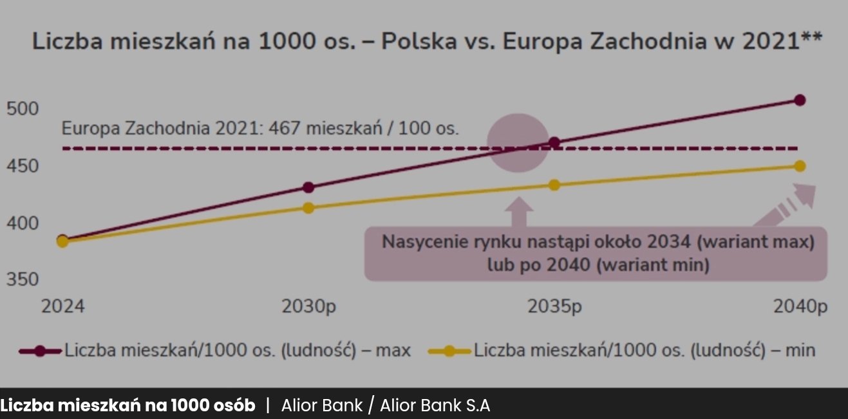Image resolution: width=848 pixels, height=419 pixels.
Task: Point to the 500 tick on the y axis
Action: (x=23, y=109)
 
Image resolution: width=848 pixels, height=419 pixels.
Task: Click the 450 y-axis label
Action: (x=23, y=167)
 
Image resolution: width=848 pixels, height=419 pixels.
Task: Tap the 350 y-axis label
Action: (x=23, y=279)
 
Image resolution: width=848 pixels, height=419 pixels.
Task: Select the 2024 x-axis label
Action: (x=62, y=307)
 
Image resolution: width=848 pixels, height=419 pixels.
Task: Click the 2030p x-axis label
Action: (x=308, y=307)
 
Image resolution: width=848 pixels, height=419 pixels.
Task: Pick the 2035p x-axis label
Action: (x=554, y=307)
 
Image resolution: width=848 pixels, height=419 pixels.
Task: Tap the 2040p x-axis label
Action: (x=800, y=307)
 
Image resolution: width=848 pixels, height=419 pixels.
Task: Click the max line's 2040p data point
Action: (x=800, y=100)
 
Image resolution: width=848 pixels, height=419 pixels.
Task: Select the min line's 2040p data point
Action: (x=800, y=166)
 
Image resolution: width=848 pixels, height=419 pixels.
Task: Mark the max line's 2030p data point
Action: (x=308, y=187)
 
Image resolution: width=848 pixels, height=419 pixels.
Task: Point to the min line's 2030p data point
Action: (x=308, y=208)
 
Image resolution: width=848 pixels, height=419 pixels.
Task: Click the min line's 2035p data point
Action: (x=554, y=185)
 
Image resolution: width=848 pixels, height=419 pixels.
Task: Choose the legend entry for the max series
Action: (x=216, y=351)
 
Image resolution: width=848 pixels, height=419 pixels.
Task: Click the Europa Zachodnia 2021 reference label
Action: (x=260, y=128)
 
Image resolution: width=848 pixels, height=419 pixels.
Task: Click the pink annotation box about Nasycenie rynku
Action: (x=596, y=253)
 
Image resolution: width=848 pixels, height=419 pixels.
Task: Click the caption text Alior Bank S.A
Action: (x=435, y=406)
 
